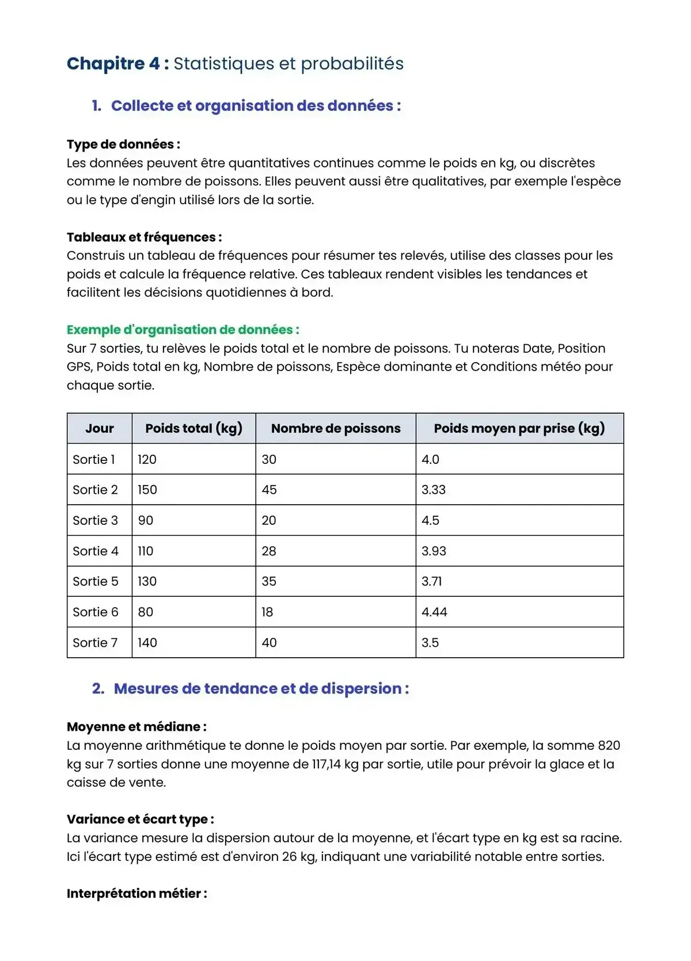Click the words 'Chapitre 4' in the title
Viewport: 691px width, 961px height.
pyautogui.click(x=113, y=63)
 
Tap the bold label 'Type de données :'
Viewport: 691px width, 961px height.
pyautogui.click(x=123, y=144)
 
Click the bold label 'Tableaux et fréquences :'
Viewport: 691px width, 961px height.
pyautogui.click(x=144, y=237)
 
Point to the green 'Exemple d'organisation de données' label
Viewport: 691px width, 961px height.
pyautogui.click(x=183, y=330)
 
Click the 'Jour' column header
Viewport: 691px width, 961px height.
pyautogui.click(x=100, y=429)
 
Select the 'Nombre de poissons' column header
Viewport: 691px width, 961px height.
pyautogui.click(x=336, y=429)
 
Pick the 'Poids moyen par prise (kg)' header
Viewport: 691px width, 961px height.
pyautogui.click(x=519, y=429)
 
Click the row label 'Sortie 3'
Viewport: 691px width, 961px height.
pyautogui.click(x=95, y=521)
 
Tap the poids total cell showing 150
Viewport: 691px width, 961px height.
pyautogui.click(x=147, y=490)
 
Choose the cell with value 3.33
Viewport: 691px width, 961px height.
pyautogui.click(x=434, y=490)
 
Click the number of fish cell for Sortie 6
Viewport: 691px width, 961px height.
pyautogui.click(x=267, y=612)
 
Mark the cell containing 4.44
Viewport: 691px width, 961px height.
pyautogui.click(x=434, y=612)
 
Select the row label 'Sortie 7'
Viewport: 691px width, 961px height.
pyautogui.click(x=95, y=643)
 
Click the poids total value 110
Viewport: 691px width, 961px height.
pyautogui.click(x=146, y=551)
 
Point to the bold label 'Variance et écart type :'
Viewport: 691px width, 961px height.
pyautogui.click(x=140, y=819)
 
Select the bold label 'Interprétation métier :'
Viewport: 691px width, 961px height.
pyautogui.click(x=136, y=894)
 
